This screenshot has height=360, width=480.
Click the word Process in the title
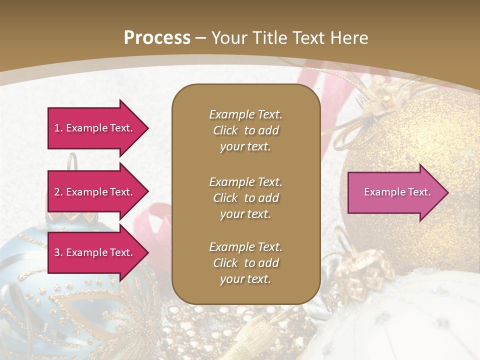click(157, 37)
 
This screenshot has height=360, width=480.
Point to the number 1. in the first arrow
click(58, 128)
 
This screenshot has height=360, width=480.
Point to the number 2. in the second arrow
click(58, 192)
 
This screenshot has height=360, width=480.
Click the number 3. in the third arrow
click(58, 252)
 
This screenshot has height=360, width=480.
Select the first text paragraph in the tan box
click(245, 130)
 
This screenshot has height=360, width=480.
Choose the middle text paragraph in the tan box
click(245, 198)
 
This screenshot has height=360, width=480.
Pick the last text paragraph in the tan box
click(245, 263)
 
